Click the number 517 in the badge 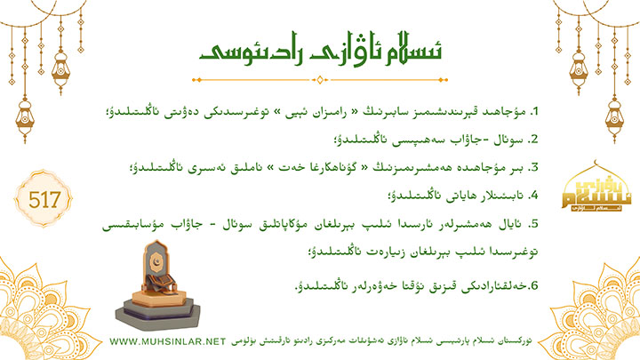coord(44,200)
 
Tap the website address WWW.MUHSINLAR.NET coord(167,341)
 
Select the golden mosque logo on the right coord(596,187)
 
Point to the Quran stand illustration coord(158,285)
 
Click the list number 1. coord(534,111)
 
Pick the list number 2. coord(533,140)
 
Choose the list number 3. coord(533,168)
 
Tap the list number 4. coord(533,196)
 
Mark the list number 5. coord(533,224)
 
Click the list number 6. coord(533,285)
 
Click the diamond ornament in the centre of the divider coord(320,80)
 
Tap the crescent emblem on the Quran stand coord(155,260)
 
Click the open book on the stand coord(160,282)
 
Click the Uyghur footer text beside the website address coord(381,341)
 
